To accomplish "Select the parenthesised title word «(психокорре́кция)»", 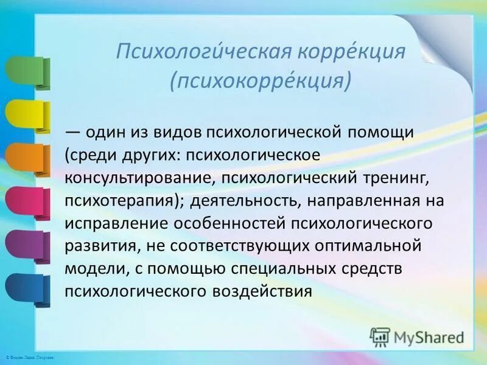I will (261, 81).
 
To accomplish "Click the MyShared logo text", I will (430, 336).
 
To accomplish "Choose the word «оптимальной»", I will (384, 246).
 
